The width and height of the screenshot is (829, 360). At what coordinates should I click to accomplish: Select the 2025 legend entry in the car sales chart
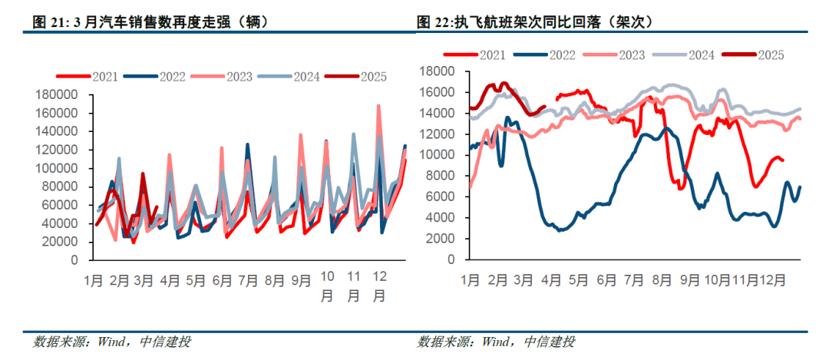[356, 76]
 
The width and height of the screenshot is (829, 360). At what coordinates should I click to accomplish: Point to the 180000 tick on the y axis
[57, 94]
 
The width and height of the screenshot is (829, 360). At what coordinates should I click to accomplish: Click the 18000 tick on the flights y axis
[438, 71]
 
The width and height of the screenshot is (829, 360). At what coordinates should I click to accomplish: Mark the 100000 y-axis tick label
[57, 168]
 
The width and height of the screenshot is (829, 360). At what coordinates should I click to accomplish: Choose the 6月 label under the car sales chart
[223, 281]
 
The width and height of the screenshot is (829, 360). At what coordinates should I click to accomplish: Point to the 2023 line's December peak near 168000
[378, 106]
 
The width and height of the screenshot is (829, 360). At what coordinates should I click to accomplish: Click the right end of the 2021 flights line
[781, 160]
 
